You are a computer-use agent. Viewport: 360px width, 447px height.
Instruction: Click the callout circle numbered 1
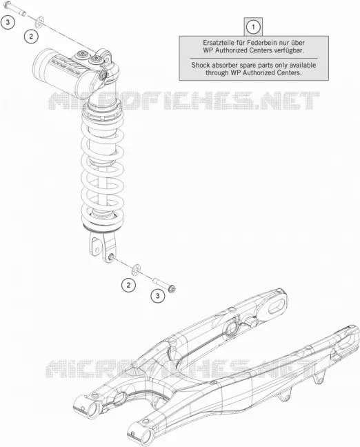(253, 28)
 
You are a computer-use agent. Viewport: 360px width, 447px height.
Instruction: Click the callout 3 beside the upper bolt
(8, 22)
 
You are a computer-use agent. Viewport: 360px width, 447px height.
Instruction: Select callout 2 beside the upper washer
(31, 37)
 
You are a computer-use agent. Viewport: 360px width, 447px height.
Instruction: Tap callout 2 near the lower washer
(128, 285)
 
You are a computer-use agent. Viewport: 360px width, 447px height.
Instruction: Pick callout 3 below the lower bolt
(158, 296)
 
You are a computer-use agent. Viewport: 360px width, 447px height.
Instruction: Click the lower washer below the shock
(137, 270)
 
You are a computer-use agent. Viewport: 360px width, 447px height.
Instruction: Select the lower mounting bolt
(165, 285)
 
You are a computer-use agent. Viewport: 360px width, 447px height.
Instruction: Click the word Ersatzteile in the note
(216, 43)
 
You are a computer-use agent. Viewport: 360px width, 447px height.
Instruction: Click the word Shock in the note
(201, 66)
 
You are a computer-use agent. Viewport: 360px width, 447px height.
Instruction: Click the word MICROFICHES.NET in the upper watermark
(184, 100)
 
